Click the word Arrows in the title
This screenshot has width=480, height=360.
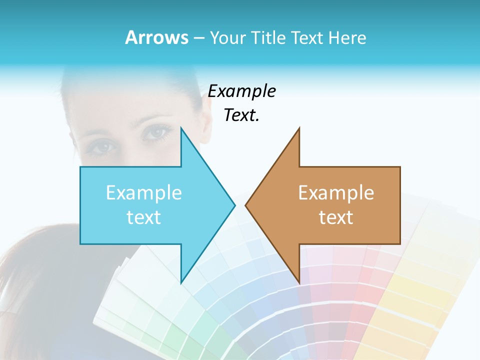pyautogui.click(x=156, y=37)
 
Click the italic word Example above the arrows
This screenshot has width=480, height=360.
pyautogui.click(x=241, y=91)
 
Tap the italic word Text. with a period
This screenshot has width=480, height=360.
pyautogui.click(x=241, y=115)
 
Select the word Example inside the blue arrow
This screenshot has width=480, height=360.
pyautogui.click(x=143, y=193)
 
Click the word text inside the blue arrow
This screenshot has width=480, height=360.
pyautogui.click(x=143, y=217)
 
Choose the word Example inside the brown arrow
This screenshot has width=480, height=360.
pyautogui.click(x=336, y=193)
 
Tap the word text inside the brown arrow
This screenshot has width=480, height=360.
pyautogui.click(x=336, y=217)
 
